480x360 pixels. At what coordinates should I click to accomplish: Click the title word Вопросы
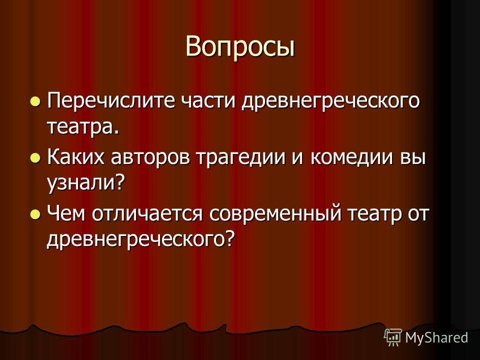(x=240, y=47)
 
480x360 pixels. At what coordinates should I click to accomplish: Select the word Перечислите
(x=111, y=101)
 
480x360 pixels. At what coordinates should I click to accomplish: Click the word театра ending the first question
(x=82, y=127)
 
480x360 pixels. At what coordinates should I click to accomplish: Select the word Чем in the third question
(x=66, y=213)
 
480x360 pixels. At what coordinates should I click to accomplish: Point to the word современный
(x=275, y=214)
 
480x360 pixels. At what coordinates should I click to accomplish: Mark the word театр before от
(x=374, y=215)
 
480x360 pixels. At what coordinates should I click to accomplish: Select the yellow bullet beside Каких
(x=35, y=158)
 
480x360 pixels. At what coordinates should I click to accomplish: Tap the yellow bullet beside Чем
(x=35, y=214)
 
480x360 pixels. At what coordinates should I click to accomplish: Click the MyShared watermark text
(x=437, y=338)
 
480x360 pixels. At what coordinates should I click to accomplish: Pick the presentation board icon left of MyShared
(x=393, y=337)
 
